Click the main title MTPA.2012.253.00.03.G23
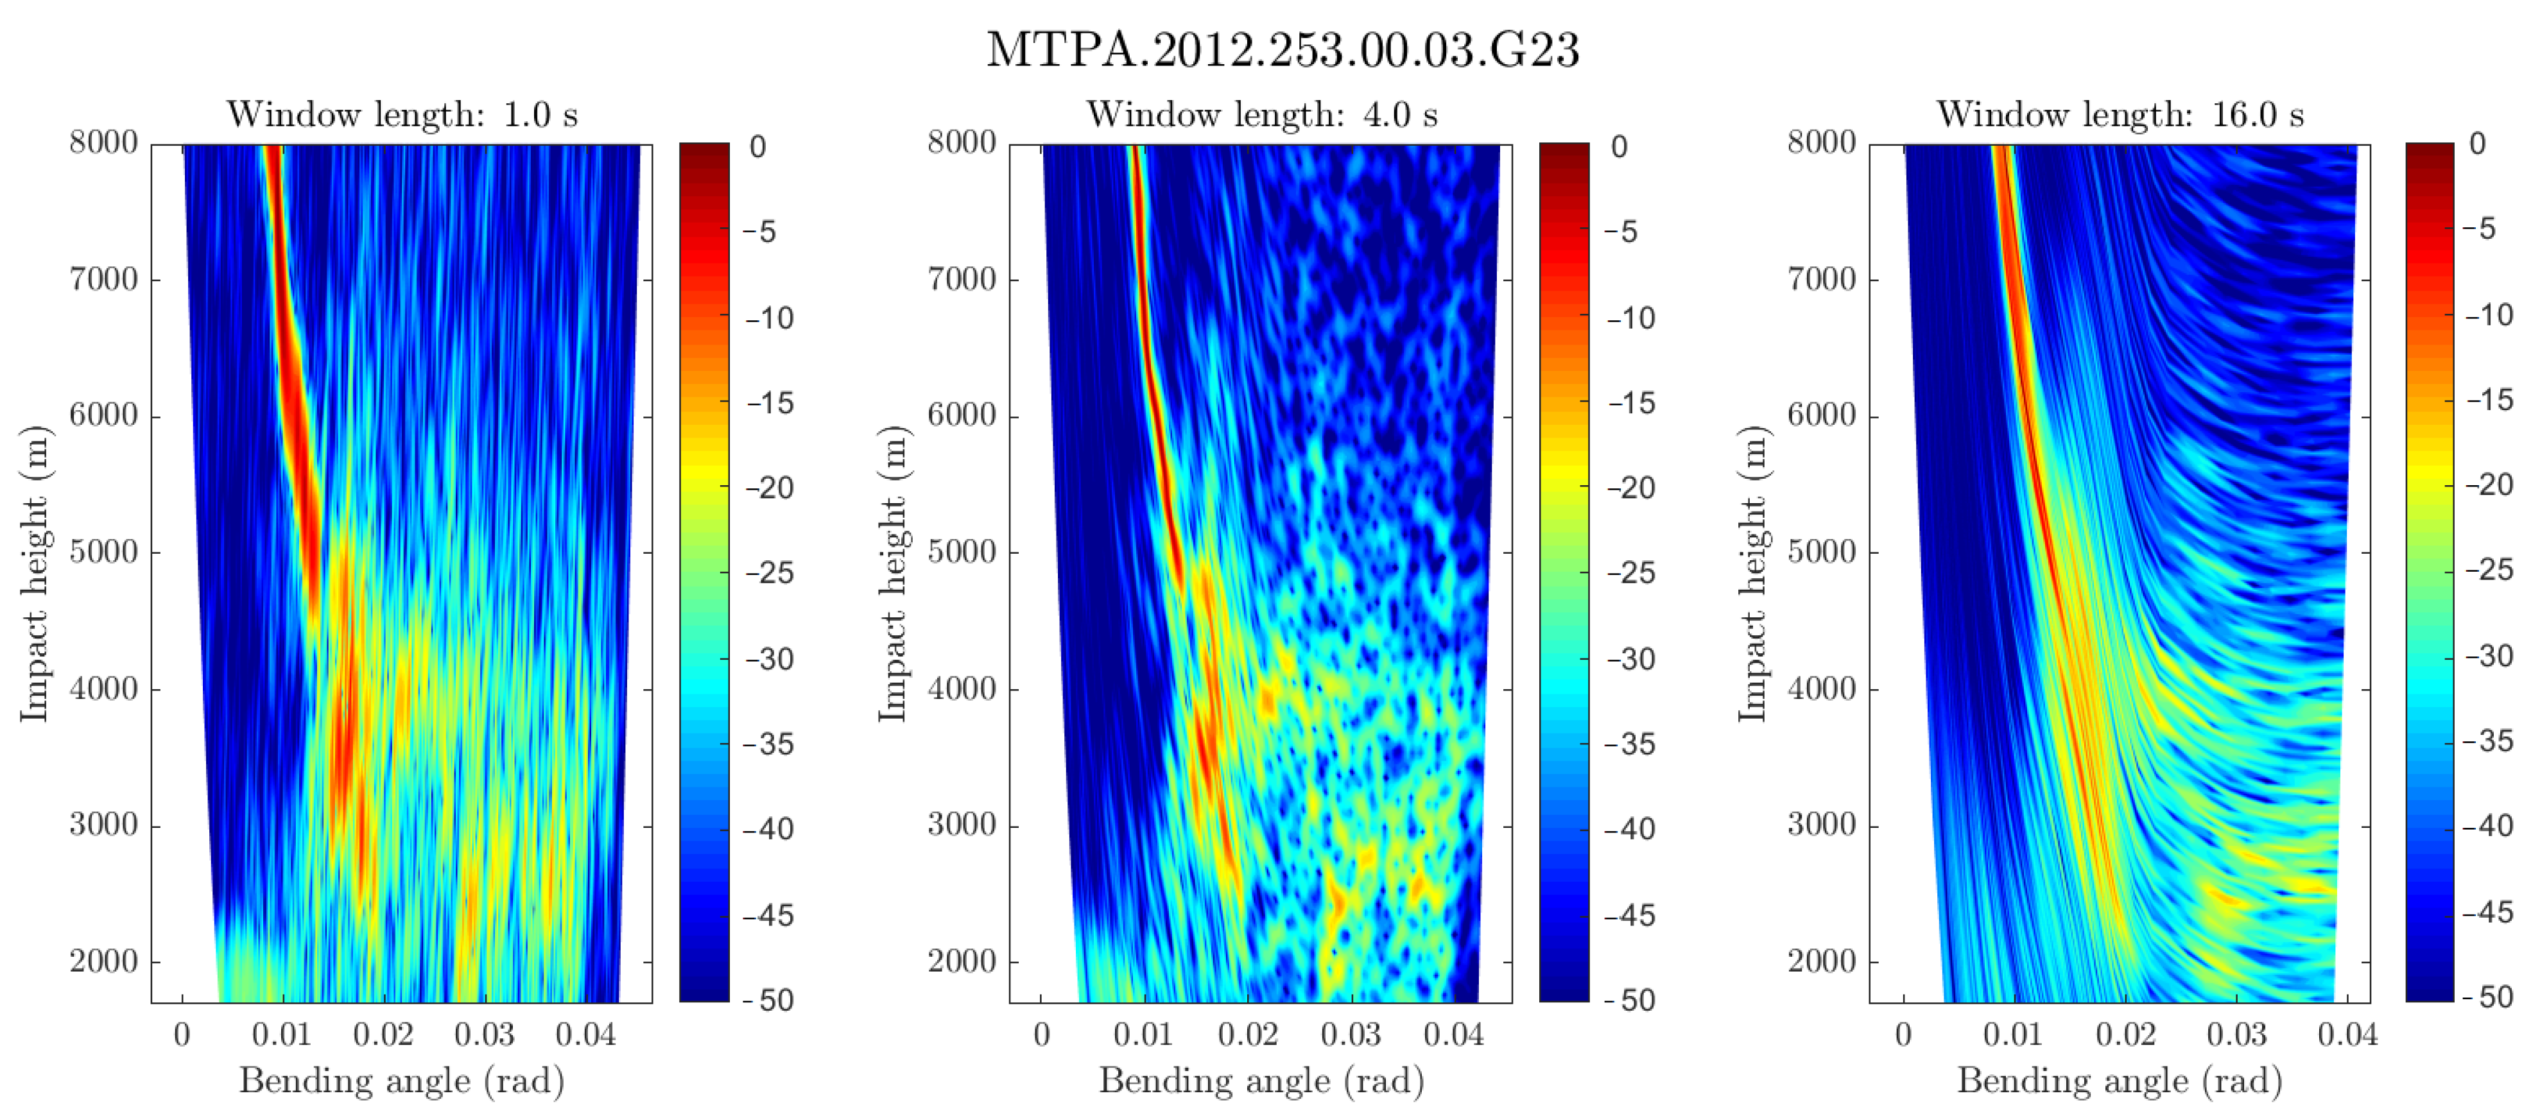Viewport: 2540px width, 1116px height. [x=1282, y=49]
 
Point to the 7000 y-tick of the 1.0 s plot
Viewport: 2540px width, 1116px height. [x=103, y=279]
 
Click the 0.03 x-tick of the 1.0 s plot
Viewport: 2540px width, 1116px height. [x=484, y=1034]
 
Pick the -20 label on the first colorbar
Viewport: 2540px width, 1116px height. [x=770, y=488]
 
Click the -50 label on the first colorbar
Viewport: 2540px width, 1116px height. [x=770, y=1000]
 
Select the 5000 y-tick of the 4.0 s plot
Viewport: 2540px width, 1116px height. [x=962, y=552]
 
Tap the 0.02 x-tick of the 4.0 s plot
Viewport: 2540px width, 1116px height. [x=1247, y=1034]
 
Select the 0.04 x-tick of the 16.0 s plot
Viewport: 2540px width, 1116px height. [x=2347, y=1034]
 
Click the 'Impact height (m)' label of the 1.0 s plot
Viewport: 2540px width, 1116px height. [x=35, y=573]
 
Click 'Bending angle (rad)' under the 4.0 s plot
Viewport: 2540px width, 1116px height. [x=1261, y=1081]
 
